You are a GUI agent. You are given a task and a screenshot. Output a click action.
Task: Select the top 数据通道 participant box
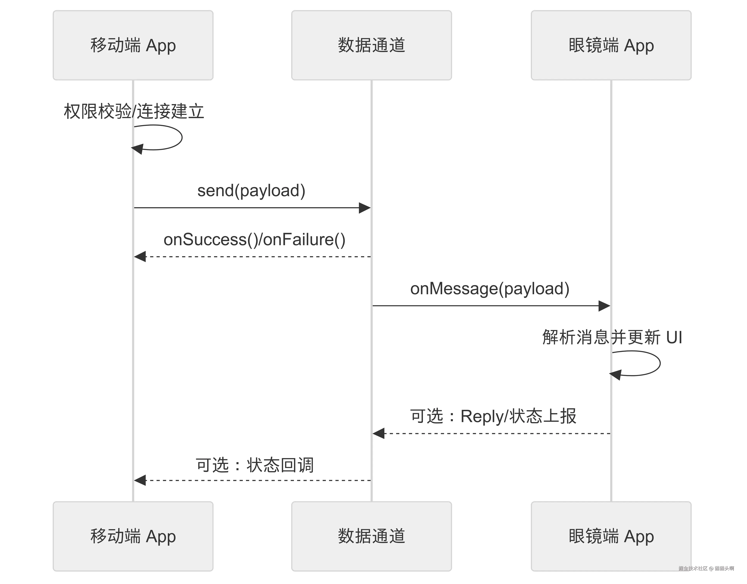tap(371, 45)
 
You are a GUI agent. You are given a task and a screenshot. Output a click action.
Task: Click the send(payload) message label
tap(251, 191)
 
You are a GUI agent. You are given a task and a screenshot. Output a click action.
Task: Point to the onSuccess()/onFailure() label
tap(254, 240)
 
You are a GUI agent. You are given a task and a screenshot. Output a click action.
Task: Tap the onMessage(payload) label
tap(490, 288)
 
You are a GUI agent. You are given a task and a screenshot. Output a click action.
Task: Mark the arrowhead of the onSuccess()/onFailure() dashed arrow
tap(139, 257)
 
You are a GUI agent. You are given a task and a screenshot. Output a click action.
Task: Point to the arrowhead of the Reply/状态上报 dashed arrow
tap(378, 433)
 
